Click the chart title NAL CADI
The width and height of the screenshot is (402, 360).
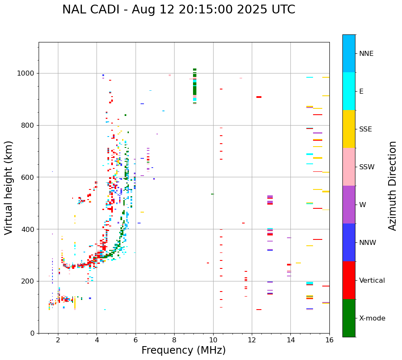pyautogui.click(x=178, y=10)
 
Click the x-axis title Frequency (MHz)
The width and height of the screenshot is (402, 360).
pyautogui.click(x=183, y=350)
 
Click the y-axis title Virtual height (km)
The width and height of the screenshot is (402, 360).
pyautogui.click(x=9, y=188)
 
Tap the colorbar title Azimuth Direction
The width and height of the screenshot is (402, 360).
pyautogui.click(x=392, y=186)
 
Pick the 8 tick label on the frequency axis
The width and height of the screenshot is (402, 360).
pyautogui.click(x=174, y=340)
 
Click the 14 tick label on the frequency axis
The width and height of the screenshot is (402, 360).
pyautogui.click(x=290, y=340)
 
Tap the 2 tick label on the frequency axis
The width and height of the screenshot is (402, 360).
pyautogui.click(x=58, y=340)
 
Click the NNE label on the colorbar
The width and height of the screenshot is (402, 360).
pyautogui.click(x=366, y=54)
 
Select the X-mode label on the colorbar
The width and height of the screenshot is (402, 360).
pyautogui.click(x=372, y=318)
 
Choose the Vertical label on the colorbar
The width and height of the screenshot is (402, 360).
pyautogui.click(x=372, y=281)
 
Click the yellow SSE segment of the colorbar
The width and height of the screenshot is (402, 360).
pyautogui.click(x=349, y=129)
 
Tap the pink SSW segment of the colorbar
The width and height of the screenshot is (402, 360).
pyautogui.click(x=349, y=167)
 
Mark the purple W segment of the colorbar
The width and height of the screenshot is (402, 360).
pyautogui.click(x=349, y=205)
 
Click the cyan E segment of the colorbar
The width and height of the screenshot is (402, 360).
pyautogui.click(x=349, y=91)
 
